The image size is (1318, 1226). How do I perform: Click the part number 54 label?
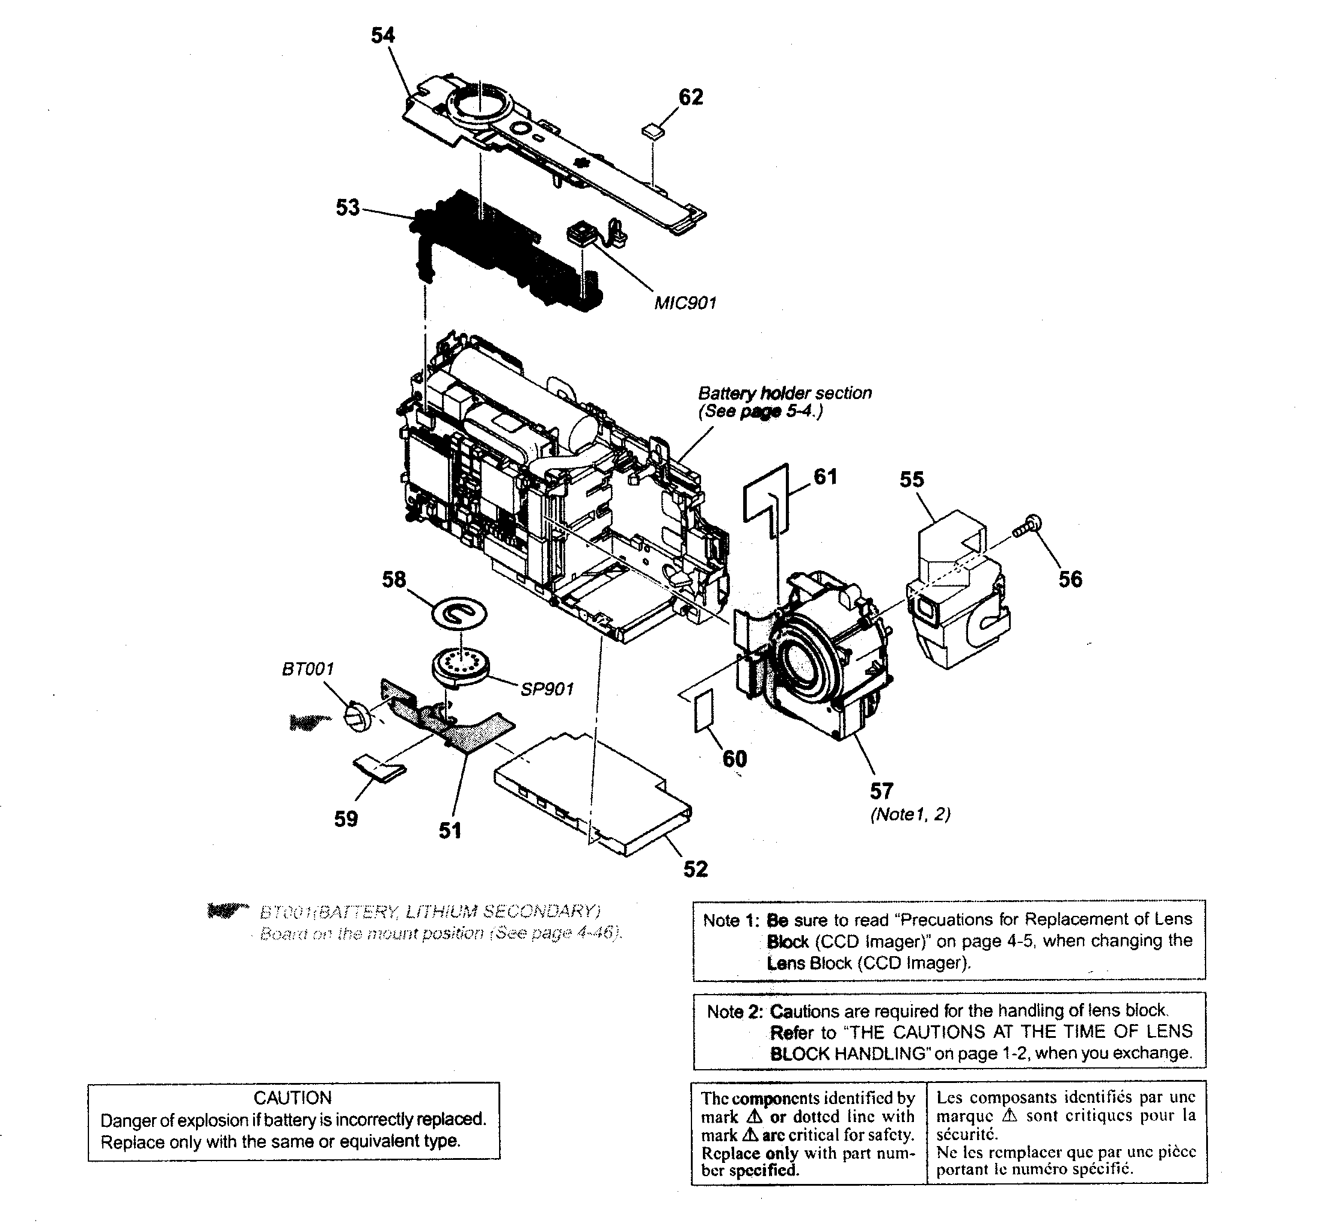[x=382, y=35]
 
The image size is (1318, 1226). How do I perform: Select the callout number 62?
[x=690, y=97]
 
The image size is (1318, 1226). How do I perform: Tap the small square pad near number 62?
[x=653, y=130]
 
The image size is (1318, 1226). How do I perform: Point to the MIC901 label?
[x=685, y=303]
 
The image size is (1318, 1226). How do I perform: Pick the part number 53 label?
[x=348, y=207]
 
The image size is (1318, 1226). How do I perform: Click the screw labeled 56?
[x=1028, y=526]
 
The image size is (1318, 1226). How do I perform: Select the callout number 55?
[x=912, y=479]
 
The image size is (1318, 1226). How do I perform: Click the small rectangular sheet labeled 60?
[x=703, y=710]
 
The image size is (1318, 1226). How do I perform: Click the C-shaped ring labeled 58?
[x=459, y=614]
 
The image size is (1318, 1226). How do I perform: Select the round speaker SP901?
[x=458, y=665]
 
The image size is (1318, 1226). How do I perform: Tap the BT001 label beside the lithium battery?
[x=308, y=669]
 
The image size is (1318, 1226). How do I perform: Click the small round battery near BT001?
[x=358, y=716]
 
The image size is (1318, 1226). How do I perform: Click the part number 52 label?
[x=696, y=869]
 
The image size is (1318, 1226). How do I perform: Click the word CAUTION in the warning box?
[x=292, y=1098]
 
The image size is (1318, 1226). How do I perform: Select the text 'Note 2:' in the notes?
[x=735, y=1012]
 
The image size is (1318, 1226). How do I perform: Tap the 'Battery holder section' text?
[x=784, y=393]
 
